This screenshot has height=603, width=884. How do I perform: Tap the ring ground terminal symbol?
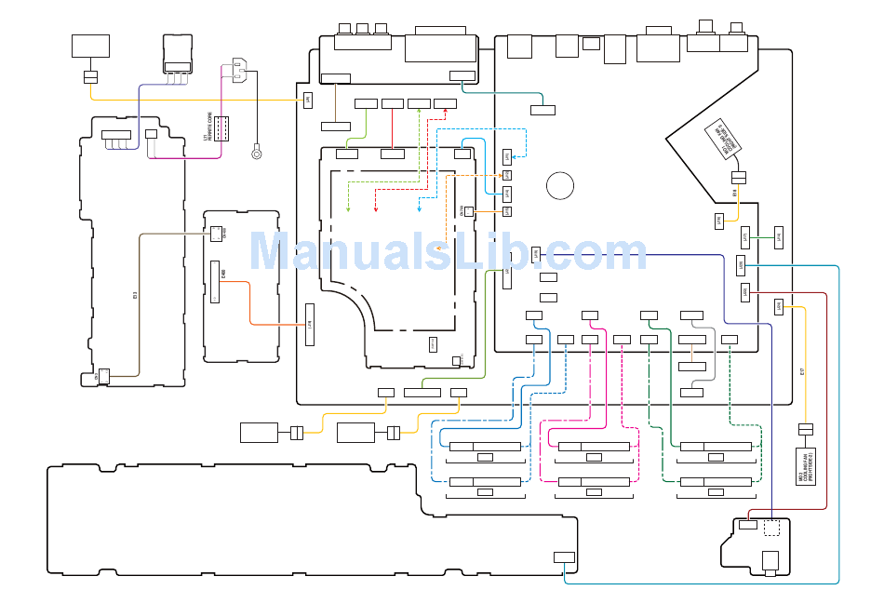coord(257,154)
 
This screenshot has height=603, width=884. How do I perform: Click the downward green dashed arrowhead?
coord(348,209)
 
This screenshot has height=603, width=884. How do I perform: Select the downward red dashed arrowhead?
coord(375,209)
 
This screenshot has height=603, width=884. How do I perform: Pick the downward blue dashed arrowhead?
coord(420,209)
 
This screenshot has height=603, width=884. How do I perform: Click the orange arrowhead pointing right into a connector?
coord(502,175)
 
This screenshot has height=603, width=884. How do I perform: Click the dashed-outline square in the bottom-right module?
coord(772,529)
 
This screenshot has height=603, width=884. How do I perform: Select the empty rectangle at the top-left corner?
coord(90,46)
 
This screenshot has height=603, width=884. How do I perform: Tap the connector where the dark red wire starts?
coord(744,292)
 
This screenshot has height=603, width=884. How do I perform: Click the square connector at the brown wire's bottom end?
coord(104,376)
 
